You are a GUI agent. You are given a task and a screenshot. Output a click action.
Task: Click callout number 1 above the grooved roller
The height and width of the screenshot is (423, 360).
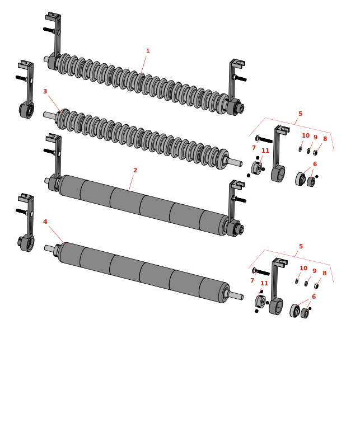148,51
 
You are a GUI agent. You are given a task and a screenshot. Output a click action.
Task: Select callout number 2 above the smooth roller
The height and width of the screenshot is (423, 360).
135,170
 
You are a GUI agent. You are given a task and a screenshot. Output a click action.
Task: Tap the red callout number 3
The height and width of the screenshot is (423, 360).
45,91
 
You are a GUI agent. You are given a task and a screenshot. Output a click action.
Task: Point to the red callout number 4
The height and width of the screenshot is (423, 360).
45,222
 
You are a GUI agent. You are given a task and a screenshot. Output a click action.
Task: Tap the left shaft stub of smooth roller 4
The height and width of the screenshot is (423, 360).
49,248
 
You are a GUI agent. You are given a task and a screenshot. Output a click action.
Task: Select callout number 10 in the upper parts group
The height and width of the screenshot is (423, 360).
306,135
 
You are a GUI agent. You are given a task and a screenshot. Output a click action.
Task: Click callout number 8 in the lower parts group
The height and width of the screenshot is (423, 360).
324,273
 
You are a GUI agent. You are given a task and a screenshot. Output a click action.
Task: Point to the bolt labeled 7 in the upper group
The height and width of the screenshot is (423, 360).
264,140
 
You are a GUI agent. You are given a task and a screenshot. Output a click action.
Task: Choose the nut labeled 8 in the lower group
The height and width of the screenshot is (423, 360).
316,286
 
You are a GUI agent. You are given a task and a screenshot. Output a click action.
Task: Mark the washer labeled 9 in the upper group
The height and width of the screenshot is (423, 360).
308,151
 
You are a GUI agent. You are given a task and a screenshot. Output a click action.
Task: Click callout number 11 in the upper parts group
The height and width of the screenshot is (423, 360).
265,151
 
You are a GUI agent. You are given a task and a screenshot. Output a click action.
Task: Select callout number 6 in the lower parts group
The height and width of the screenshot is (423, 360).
314,297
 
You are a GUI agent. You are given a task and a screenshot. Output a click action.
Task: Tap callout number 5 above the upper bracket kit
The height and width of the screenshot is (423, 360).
300,114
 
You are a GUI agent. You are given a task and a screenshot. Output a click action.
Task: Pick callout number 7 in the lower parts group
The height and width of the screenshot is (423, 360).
252,280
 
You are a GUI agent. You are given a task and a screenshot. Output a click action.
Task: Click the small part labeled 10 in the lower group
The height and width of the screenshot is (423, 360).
297,281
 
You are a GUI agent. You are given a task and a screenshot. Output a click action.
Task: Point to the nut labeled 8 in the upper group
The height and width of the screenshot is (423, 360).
315,153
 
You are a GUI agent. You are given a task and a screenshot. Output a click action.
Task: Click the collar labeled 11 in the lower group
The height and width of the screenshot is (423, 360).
260,302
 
